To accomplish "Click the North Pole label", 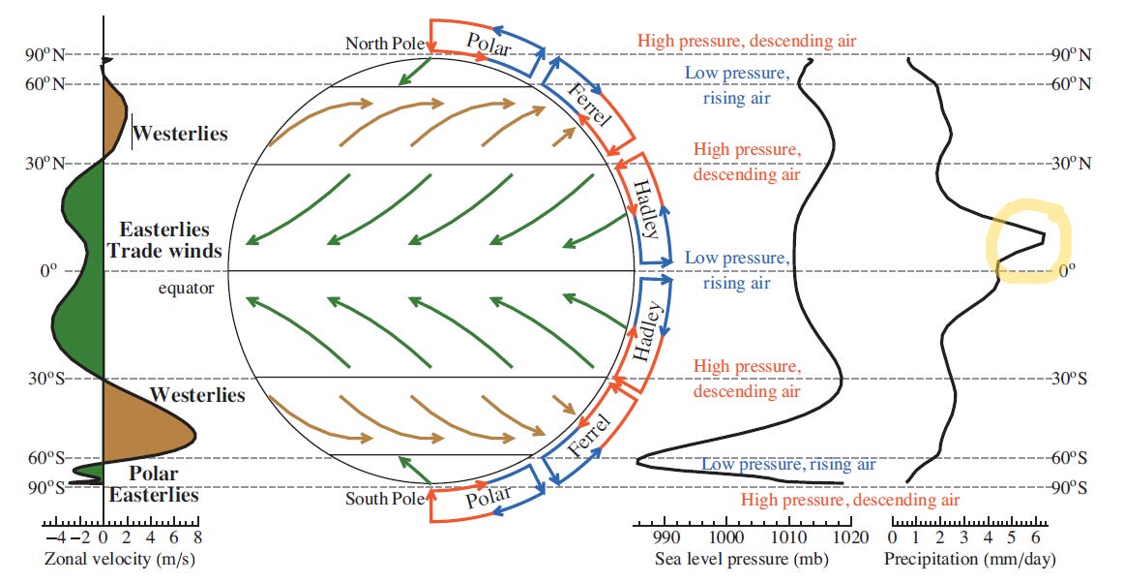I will pyautogui.click(x=386, y=44).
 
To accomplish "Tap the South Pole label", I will pyautogui.click(x=385, y=500).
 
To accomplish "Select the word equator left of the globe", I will pyautogui.click(x=185, y=288).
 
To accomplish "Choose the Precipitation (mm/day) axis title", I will pyautogui.click(x=969, y=559).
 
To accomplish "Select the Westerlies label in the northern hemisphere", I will pyautogui.click(x=180, y=134).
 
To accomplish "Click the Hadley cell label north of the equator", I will pyautogui.click(x=646, y=209).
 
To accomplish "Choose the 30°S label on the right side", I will pyautogui.click(x=1069, y=378).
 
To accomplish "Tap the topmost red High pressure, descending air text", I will pyautogui.click(x=746, y=42).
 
